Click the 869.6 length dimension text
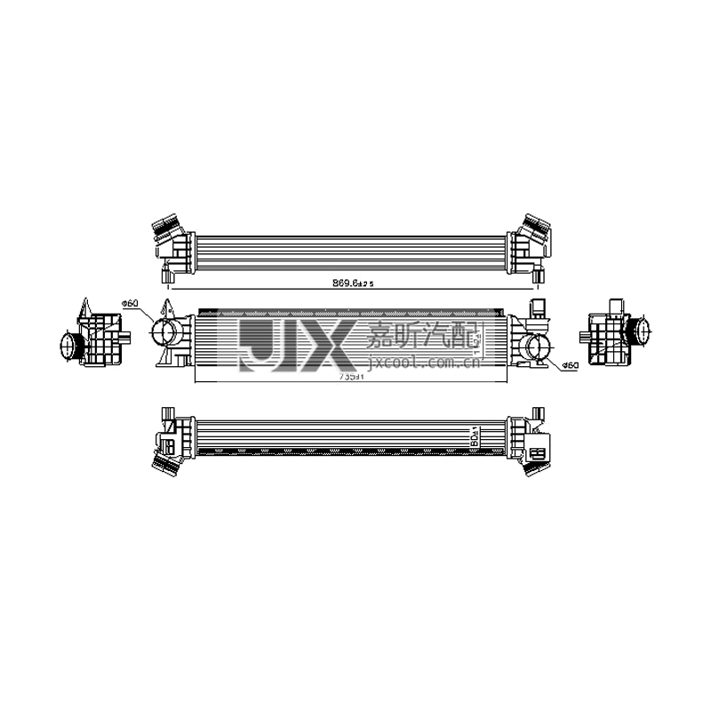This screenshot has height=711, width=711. tap(354, 283)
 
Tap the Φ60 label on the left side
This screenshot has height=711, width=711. tap(131, 304)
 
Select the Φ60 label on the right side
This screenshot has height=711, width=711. tap(570, 364)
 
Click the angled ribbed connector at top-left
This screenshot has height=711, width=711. tap(164, 228)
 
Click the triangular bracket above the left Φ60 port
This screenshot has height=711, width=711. tap(166, 313)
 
